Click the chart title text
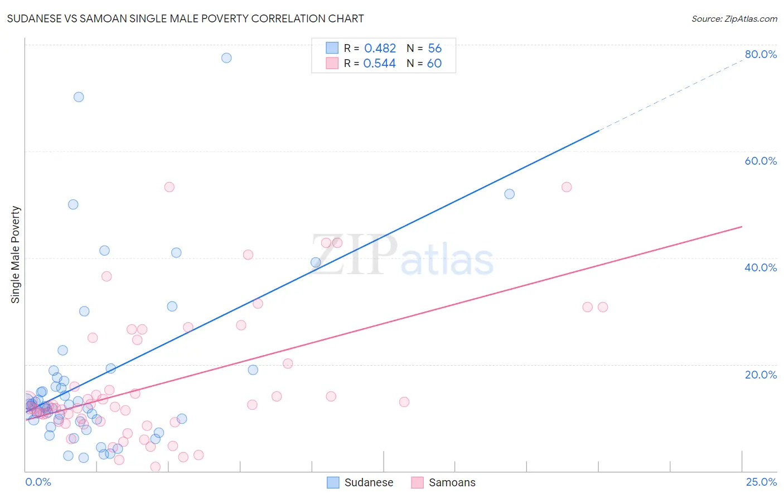coord(185,18)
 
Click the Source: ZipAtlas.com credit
coord(734,18)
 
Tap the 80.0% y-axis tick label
coord(761,54)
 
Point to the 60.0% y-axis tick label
coord(761,161)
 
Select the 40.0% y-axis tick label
coord(761,267)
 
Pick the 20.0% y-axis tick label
coord(761,374)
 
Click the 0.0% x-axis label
coord(38,482)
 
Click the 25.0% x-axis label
coord(761,482)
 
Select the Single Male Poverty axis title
coord(16,255)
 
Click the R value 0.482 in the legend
coord(380,49)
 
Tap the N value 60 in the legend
coord(434,64)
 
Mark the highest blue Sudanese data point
coord(226,58)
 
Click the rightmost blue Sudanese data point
coord(509,194)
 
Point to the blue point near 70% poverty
coord(79,97)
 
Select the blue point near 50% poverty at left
coord(73,204)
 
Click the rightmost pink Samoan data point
coord(602,307)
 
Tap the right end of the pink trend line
coord(741,227)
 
